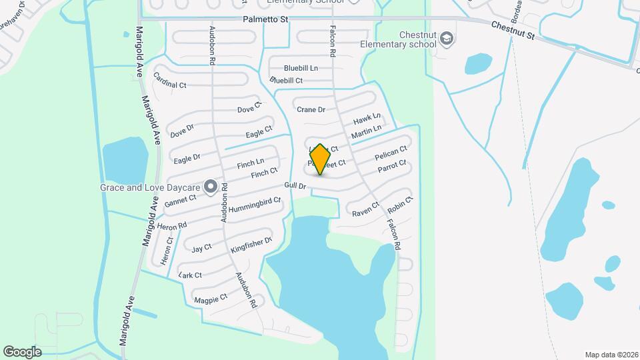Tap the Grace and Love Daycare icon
click(211, 187)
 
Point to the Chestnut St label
click(513, 30)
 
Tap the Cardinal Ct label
click(169, 84)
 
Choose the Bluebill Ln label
click(301, 68)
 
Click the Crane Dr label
click(311, 109)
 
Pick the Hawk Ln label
click(367, 119)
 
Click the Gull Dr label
click(294, 185)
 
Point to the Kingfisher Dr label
click(251, 245)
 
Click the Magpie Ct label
click(211, 298)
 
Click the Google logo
click(22, 351)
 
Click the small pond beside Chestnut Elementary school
click(478, 64)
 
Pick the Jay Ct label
click(201, 249)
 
